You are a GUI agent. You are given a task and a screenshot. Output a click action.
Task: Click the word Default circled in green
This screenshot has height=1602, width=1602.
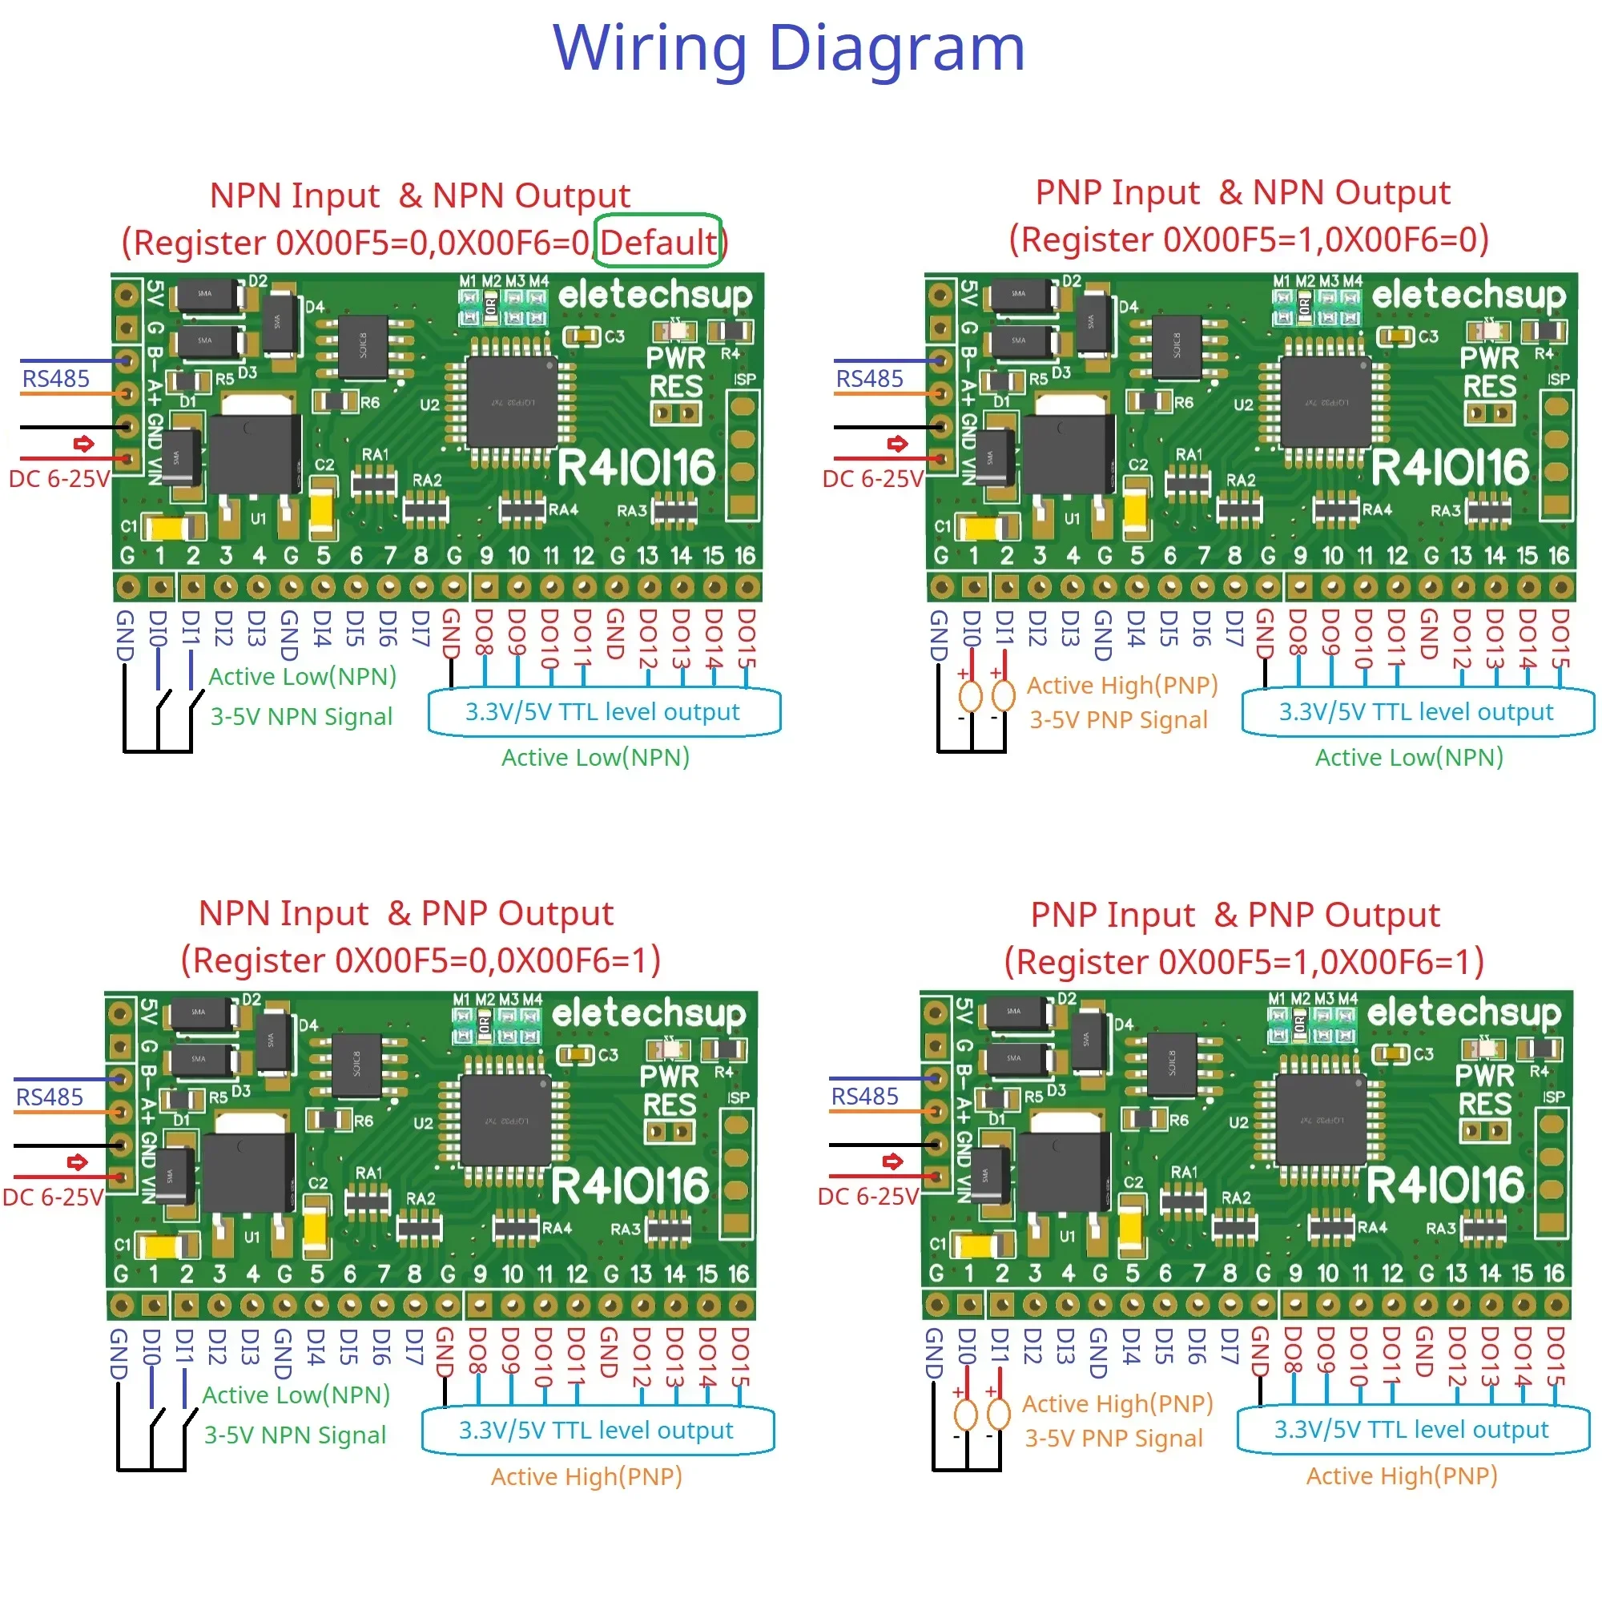point(658,242)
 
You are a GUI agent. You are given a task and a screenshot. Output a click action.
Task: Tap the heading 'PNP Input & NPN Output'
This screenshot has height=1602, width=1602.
point(1242,192)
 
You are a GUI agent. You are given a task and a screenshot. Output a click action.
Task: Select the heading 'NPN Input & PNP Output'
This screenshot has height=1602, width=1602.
point(405,913)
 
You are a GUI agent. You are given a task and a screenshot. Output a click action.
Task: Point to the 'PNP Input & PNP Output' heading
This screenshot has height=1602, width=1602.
point(1234,915)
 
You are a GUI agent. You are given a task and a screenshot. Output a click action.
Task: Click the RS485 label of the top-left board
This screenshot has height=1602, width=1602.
point(55,379)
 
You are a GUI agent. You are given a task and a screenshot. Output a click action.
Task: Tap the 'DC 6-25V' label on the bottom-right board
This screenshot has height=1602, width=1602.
point(867,1197)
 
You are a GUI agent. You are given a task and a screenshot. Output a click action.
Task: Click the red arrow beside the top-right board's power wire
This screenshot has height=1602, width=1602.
point(897,444)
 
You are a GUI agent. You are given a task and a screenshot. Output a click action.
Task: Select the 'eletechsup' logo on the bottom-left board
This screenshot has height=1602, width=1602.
point(649,1013)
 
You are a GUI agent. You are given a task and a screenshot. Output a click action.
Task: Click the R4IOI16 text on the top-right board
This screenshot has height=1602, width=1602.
point(1450,468)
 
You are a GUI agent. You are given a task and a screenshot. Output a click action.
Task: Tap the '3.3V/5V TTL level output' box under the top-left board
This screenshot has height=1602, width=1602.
point(603,712)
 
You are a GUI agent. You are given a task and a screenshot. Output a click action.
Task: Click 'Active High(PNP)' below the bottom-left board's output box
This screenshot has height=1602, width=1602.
point(586,1476)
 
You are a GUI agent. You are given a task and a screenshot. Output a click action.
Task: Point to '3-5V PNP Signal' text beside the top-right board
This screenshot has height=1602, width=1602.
point(1117,720)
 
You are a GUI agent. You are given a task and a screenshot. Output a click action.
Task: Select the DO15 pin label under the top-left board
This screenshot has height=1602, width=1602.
point(747,638)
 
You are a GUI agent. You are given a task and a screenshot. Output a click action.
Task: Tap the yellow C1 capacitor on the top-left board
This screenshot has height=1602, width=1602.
point(170,527)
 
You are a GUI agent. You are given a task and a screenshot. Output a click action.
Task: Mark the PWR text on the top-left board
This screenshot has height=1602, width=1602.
point(676,358)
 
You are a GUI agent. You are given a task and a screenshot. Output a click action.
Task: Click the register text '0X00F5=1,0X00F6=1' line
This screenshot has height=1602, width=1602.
point(1244,962)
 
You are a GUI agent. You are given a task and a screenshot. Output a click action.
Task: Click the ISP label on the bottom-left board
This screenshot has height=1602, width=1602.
point(738,1098)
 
